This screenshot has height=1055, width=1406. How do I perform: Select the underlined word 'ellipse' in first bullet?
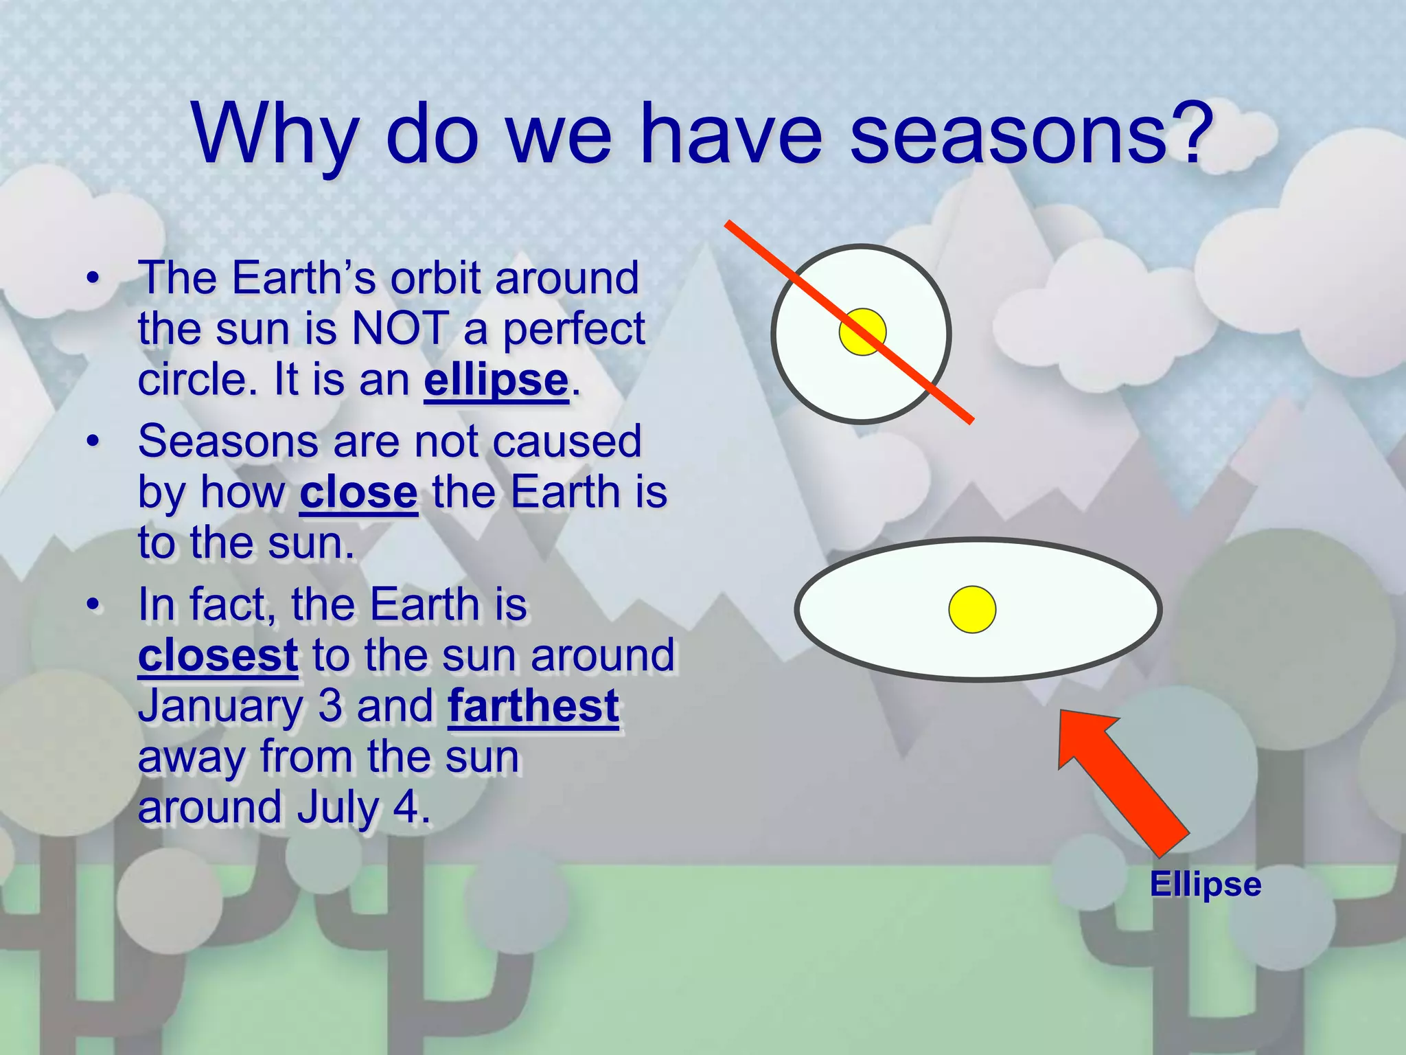(x=496, y=380)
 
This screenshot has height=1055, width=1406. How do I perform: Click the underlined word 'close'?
(x=358, y=492)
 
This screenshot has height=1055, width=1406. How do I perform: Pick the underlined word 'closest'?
(x=218, y=655)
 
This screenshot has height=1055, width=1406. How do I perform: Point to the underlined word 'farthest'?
(x=533, y=706)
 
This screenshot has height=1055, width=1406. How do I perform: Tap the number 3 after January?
(x=330, y=706)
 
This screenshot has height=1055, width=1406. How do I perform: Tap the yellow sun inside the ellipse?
(x=972, y=609)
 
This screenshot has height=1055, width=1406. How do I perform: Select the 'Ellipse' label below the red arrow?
(x=1206, y=884)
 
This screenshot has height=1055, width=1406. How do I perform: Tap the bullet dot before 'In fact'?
(x=93, y=604)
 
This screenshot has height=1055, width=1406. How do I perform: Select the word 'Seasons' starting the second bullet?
(x=227, y=441)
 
